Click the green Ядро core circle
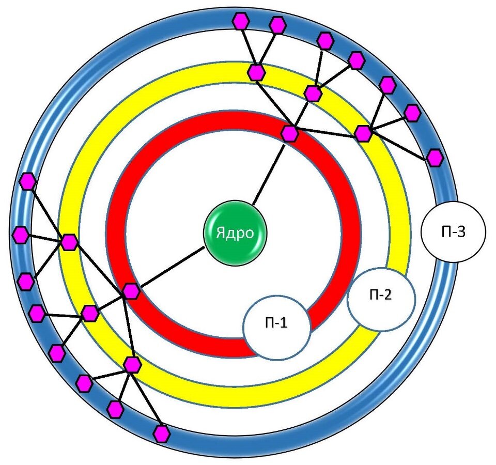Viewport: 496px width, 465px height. [236, 233]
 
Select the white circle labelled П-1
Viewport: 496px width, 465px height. [277, 326]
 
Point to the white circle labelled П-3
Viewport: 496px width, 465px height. [454, 232]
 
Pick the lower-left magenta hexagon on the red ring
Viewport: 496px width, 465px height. [131, 291]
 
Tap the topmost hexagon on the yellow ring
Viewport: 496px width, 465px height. [256, 72]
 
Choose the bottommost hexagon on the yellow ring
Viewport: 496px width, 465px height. [132, 365]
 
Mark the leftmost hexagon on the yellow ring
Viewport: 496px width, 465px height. [69, 242]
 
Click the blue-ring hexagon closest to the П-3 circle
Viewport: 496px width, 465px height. [435, 157]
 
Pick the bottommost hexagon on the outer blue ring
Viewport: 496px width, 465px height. [162, 433]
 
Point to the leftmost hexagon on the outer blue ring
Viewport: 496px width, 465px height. [20, 235]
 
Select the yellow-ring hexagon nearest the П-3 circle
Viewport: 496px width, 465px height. [363, 133]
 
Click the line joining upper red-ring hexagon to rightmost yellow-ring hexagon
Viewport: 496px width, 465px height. [327, 133]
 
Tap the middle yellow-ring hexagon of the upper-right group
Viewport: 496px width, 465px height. [313, 94]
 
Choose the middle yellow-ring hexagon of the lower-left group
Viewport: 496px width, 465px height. [90, 313]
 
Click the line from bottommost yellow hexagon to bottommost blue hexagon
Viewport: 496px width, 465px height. [147, 399]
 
